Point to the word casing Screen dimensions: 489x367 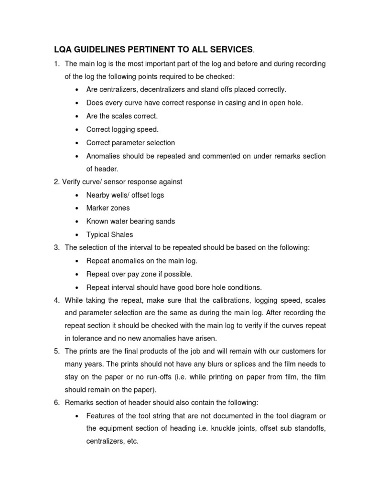(x=232, y=103)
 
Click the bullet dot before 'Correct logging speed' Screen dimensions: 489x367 (x=77, y=129)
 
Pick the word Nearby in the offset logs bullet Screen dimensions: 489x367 (x=97, y=195)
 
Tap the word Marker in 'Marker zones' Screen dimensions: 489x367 (x=97, y=208)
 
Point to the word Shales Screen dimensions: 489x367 (x=122, y=234)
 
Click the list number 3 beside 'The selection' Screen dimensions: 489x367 (x=56, y=248)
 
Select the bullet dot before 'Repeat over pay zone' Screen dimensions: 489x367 (x=77, y=274)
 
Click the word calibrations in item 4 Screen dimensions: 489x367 (x=210, y=301)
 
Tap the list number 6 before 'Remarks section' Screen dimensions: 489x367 (x=56, y=402)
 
